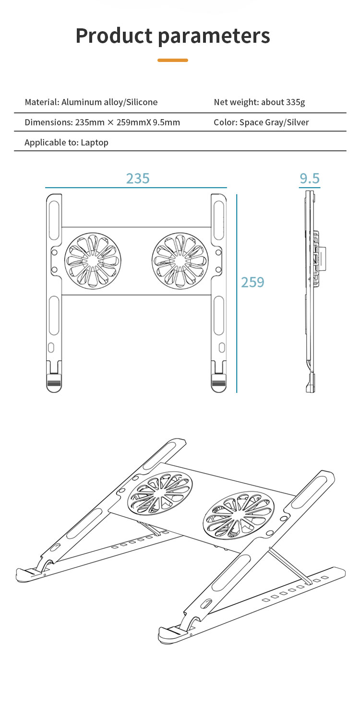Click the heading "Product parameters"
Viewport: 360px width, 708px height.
(173, 36)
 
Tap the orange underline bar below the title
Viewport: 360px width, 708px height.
(173, 60)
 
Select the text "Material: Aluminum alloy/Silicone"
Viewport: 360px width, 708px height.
(91, 102)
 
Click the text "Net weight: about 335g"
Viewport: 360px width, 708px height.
(259, 102)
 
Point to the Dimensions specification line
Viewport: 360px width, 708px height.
(102, 122)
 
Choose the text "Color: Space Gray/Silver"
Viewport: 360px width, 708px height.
(261, 122)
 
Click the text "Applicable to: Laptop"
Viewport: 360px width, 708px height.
(66, 142)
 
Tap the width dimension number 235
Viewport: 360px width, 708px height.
(138, 178)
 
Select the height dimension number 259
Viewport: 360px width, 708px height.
(252, 282)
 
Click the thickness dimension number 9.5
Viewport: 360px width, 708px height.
(310, 179)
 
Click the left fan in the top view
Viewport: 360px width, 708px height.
(93, 261)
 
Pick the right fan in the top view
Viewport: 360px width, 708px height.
(180, 261)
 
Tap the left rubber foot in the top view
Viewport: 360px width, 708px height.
(54, 383)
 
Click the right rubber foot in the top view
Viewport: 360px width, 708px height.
(219, 383)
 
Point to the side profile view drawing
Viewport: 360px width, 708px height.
(311, 291)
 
